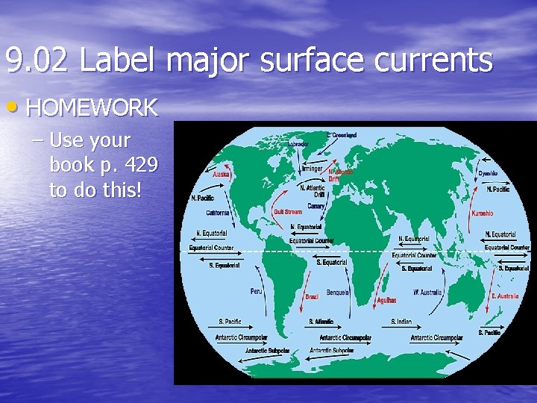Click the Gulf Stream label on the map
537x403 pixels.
pos(287,212)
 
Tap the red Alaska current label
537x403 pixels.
pos(222,174)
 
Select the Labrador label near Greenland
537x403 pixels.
pos(298,144)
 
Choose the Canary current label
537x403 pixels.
pos(315,205)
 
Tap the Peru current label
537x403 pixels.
pos(256,291)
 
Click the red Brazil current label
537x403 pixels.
pos(312,297)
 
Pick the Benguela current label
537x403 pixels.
pos(337,293)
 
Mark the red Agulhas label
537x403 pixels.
pos(386,301)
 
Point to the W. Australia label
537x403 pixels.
pos(427,292)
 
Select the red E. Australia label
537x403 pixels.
pos(505,296)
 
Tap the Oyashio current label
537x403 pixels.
pos(488,174)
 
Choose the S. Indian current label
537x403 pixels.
pos(401,322)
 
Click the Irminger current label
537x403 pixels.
pos(313,169)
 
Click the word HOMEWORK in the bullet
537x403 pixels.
pos(92,108)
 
